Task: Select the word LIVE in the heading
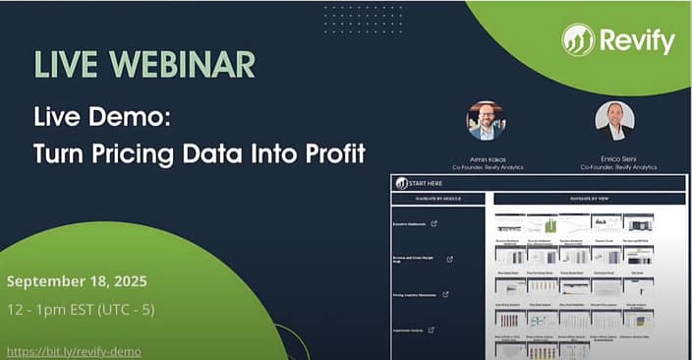(65, 64)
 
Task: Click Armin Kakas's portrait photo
(486, 121)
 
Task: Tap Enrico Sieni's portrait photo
(614, 120)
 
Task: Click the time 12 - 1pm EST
(50, 310)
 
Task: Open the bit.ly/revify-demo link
(74, 351)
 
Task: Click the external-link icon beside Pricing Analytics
(445, 294)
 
